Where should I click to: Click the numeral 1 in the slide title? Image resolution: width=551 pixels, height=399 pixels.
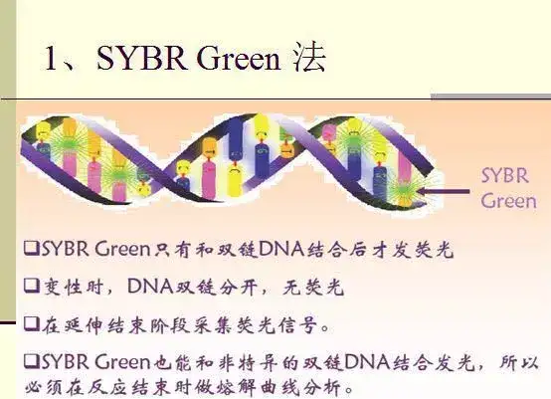coord(52,58)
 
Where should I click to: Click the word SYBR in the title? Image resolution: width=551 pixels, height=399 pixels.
coord(141,58)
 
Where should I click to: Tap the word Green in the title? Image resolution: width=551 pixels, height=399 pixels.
coord(239,58)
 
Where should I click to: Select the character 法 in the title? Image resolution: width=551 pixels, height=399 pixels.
coord(309,57)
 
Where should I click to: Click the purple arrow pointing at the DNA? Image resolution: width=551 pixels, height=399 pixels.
coord(443,192)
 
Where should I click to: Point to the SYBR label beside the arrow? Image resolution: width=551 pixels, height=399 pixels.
coord(505,175)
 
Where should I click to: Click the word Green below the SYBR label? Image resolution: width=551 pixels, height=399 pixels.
coord(508,201)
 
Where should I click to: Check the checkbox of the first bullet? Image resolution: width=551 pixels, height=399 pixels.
coord(32,248)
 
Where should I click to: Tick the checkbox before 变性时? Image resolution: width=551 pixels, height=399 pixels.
coord(32,286)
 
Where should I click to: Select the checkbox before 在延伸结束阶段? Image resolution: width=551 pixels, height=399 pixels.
coord(32,323)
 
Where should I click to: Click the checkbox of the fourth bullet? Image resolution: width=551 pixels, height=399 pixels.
coord(32,361)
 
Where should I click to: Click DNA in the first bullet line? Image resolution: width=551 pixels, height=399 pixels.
coord(281,249)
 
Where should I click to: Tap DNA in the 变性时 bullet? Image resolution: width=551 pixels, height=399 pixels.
coord(150,287)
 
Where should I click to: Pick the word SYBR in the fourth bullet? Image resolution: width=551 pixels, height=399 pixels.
coord(65,362)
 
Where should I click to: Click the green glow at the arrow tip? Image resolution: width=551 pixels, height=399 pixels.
coord(405,190)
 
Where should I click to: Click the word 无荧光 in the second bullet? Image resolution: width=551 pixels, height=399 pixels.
coord(312,287)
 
